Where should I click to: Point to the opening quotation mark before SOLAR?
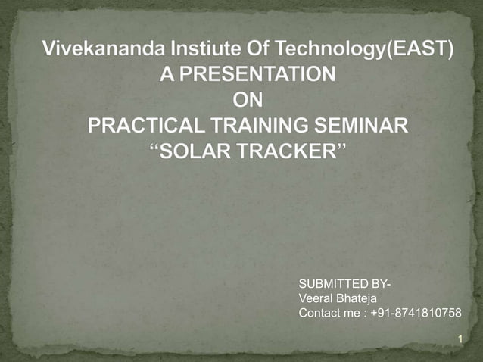[x=157, y=145]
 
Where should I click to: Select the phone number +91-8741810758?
[x=417, y=314]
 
